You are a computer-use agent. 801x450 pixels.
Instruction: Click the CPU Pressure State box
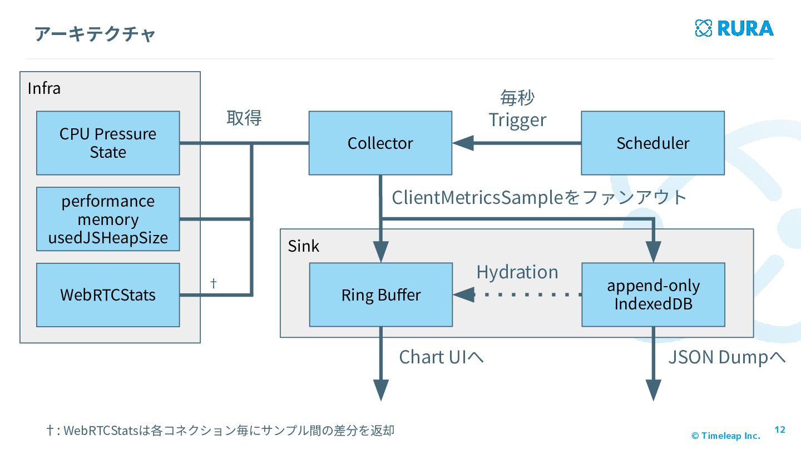coord(108,143)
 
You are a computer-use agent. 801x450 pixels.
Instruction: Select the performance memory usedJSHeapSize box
coord(108,219)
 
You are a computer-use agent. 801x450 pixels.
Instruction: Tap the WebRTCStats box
coord(108,295)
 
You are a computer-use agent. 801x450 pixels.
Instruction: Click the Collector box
coord(380,143)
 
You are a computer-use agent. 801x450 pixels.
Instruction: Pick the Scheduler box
coord(653,143)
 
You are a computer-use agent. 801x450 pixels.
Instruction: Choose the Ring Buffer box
coord(381,294)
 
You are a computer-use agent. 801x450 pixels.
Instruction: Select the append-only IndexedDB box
coord(653,294)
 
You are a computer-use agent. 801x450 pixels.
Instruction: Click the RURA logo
coord(734,28)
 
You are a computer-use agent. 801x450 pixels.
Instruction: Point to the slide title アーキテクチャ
coord(95,34)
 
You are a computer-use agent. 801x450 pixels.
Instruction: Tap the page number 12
coord(780,429)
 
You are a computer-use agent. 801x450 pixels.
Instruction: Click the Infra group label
coord(44,88)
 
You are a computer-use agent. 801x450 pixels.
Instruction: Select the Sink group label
coord(304,246)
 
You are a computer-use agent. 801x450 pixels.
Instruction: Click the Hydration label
coord(517,272)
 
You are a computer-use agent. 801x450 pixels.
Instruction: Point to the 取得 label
coord(244,118)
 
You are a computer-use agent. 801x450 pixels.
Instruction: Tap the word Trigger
coord(517,120)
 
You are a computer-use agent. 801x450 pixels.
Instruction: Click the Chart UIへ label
coord(441,357)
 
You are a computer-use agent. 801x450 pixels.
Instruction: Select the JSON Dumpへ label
coord(727,357)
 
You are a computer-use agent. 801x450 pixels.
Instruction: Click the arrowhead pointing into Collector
coord(463,143)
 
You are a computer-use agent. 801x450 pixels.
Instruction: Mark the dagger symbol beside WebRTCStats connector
coord(214,283)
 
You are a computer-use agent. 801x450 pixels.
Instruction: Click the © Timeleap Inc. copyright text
coord(726,436)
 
